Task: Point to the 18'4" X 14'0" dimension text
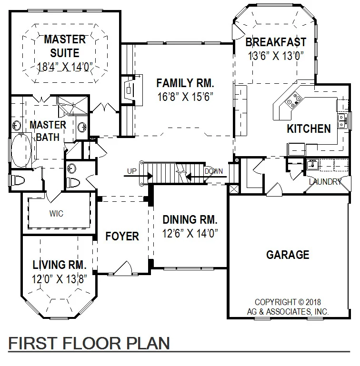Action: point(65,66)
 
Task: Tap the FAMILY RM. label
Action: point(185,83)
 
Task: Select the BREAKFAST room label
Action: point(276,42)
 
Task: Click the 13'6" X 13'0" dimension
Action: point(276,56)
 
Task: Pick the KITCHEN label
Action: point(309,129)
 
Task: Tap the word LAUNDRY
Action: point(325,181)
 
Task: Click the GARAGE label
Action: point(287,255)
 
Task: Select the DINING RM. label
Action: point(190,220)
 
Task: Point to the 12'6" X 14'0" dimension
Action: point(190,233)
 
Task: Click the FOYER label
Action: point(122,237)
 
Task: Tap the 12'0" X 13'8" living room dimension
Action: point(59,279)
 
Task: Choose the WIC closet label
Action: point(56,214)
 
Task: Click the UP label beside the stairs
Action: point(131,171)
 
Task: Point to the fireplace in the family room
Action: point(129,89)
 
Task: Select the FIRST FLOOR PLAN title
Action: point(90,343)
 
